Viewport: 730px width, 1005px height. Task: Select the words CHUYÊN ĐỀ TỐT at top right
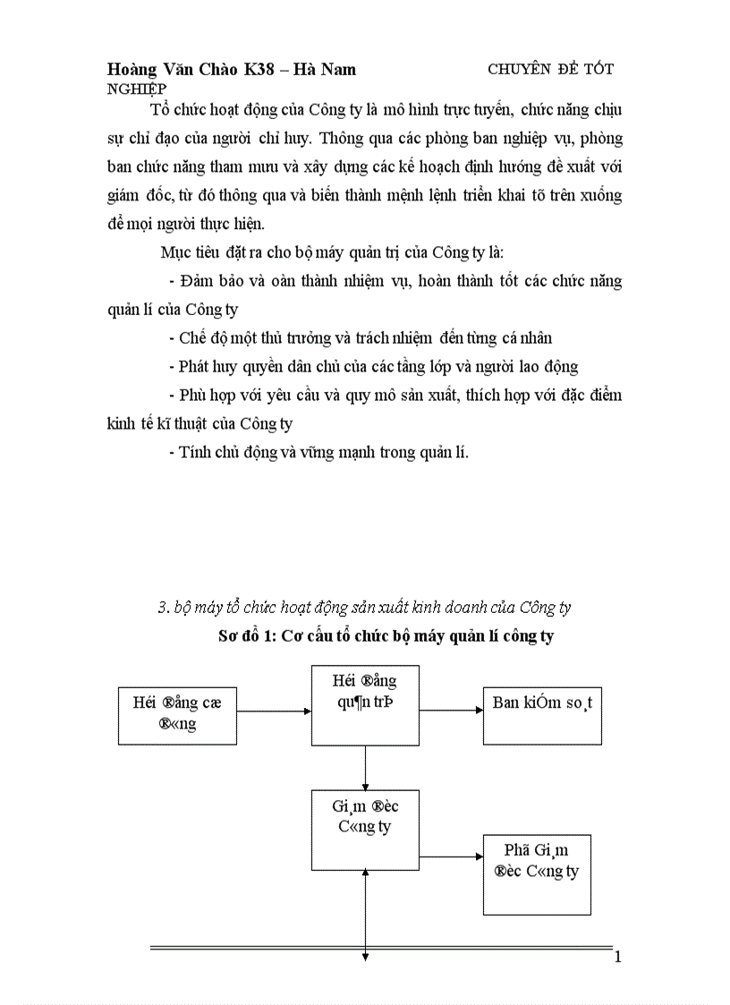[550, 69]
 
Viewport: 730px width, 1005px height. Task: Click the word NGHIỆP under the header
[135, 89]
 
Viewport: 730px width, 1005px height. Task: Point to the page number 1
[617, 958]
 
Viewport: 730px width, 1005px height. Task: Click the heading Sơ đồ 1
[247, 637]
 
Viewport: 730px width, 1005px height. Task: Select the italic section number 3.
[164, 608]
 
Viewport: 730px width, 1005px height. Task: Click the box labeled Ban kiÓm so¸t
[542, 703]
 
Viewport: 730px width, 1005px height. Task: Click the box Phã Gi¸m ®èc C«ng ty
[537, 874]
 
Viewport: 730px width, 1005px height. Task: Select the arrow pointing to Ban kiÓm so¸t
[451, 711]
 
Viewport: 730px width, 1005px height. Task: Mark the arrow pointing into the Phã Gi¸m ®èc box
[451, 856]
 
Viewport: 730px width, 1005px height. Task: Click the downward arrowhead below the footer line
[365, 958]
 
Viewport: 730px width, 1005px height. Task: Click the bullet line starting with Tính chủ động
[318, 452]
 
